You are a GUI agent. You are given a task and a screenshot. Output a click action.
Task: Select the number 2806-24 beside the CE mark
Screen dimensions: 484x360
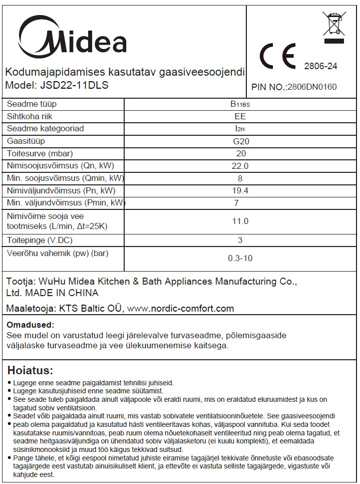320,66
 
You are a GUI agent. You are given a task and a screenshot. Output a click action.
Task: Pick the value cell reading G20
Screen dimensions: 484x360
241,141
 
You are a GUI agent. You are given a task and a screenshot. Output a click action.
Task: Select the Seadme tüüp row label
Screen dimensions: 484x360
39,104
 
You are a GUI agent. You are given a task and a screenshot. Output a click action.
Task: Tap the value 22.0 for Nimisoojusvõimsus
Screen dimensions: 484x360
241,166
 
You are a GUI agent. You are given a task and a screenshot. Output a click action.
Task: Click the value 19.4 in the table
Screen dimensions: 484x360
241,190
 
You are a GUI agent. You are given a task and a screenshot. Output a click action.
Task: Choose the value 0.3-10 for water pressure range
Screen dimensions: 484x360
240,259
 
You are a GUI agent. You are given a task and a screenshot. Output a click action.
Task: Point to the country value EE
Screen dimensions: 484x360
241,116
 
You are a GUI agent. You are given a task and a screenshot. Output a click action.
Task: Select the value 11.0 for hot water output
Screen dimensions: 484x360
241,221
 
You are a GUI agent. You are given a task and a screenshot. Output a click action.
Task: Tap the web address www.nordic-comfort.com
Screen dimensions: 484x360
181,308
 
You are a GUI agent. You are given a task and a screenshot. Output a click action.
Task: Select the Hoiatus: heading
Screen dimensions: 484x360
30,371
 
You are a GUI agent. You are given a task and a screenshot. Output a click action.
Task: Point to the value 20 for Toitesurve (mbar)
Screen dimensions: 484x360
241,153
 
